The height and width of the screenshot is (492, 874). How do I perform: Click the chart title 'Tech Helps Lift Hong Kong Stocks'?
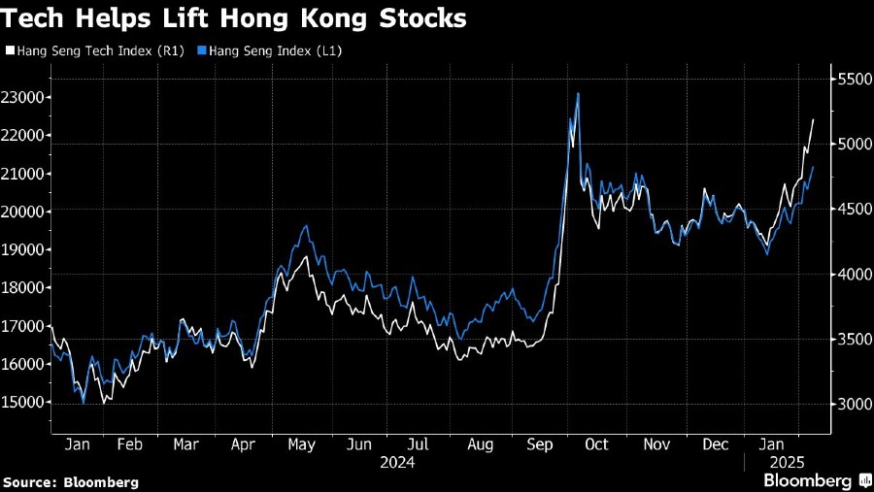tap(234, 18)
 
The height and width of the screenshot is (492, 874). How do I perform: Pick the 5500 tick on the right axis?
tap(852, 79)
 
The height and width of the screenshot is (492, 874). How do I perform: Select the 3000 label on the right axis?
tap(852, 404)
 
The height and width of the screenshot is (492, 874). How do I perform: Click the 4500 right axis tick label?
tap(852, 209)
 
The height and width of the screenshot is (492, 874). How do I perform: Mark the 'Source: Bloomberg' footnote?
tap(70, 481)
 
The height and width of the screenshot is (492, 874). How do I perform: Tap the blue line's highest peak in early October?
tap(578, 94)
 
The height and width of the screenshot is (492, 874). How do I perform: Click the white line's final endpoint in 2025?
tap(813, 119)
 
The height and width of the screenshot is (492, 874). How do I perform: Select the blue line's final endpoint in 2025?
tap(813, 168)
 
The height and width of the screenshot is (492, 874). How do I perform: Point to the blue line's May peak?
tap(307, 226)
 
